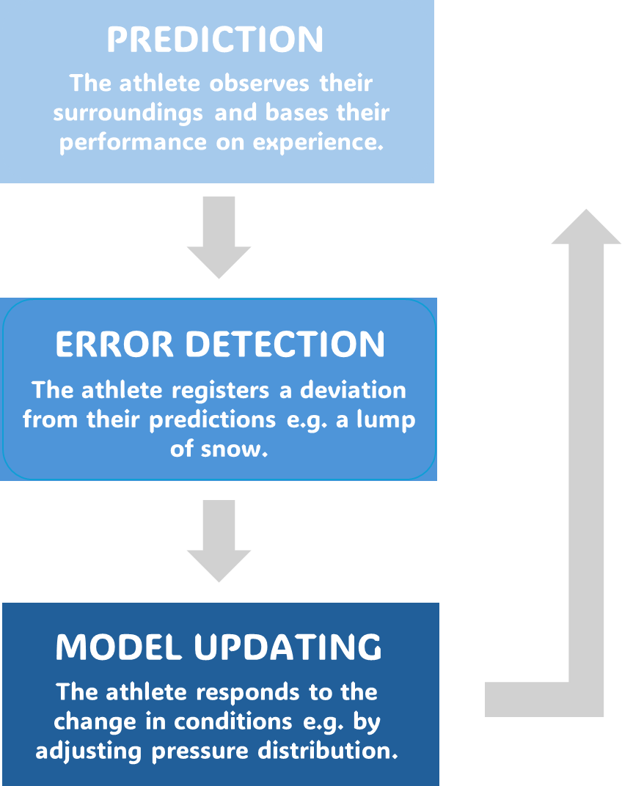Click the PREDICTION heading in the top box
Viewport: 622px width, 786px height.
(215, 40)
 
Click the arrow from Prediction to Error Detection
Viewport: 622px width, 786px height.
(219, 237)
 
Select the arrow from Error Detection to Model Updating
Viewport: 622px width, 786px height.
(219, 540)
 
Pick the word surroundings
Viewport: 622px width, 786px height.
(133, 113)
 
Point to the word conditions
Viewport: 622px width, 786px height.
(233, 721)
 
